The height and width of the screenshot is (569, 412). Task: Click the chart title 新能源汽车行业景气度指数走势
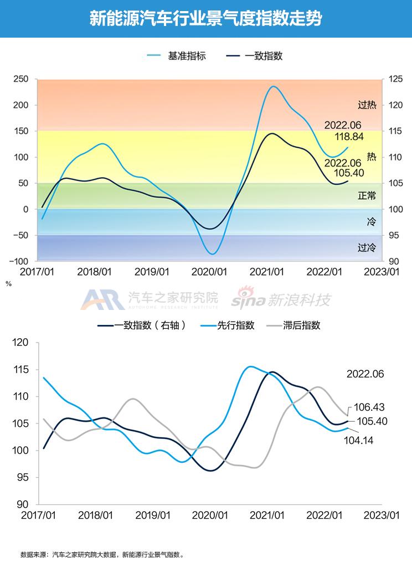click(205, 19)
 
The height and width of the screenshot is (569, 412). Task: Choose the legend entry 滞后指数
click(301, 325)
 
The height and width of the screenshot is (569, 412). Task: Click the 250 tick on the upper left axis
click(21, 79)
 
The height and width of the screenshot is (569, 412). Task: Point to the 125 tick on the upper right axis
click(395, 79)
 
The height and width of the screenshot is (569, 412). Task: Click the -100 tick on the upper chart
click(19, 261)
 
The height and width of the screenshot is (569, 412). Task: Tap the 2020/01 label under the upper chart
click(209, 272)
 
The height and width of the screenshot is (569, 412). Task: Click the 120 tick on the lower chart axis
click(20, 343)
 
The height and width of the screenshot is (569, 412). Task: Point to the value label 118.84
click(349, 136)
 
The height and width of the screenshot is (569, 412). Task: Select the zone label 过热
click(367, 105)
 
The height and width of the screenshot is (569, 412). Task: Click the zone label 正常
click(367, 195)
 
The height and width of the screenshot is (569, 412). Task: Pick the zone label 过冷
click(367, 248)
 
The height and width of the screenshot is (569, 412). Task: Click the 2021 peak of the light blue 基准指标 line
click(273, 86)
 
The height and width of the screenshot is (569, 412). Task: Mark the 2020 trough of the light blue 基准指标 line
click(212, 254)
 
